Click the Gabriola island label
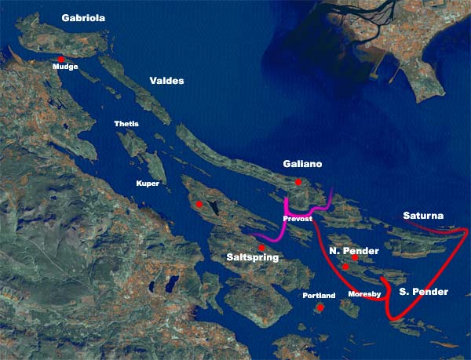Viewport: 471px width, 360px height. [x=84, y=16]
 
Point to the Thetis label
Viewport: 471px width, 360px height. [x=126, y=125]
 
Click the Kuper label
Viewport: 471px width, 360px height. [x=148, y=184]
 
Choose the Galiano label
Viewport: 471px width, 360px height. [x=302, y=165]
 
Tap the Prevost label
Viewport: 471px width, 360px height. [x=298, y=219]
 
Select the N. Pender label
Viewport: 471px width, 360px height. [x=354, y=251]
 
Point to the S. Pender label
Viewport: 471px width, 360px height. [x=423, y=292]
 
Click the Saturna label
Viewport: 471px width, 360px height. [x=423, y=215]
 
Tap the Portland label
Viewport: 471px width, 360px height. [x=319, y=296]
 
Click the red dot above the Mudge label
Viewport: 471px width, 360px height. [x=61, y=59]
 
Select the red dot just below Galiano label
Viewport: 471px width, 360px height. [x=298, y=182]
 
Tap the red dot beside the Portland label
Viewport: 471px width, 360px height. [x=320, y=308]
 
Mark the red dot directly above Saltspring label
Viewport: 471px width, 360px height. [x=261, y=248]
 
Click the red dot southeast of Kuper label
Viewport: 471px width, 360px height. [x=200, y=204]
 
